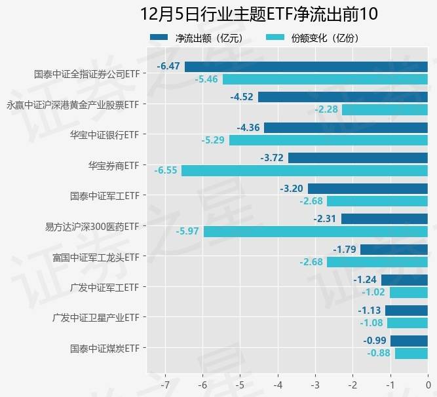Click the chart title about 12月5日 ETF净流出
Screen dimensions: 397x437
coord(259,14)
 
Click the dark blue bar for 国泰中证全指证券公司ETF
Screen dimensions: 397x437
coord(306,67)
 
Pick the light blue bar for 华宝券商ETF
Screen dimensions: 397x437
coord(304,170)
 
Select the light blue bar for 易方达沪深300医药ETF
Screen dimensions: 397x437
coord(315,231)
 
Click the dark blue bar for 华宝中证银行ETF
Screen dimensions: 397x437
coord(345,128)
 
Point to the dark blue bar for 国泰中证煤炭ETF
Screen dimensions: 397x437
coord(409,341)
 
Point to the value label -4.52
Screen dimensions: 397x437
coord(242,97)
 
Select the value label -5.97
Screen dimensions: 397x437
coord(187,231)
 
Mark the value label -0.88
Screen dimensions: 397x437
coord(379,354)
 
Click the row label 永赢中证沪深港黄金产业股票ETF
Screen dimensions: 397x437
coord(73,104)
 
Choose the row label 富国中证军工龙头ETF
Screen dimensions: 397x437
coord(96,256)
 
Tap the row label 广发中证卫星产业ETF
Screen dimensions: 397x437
coord(96,317)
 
